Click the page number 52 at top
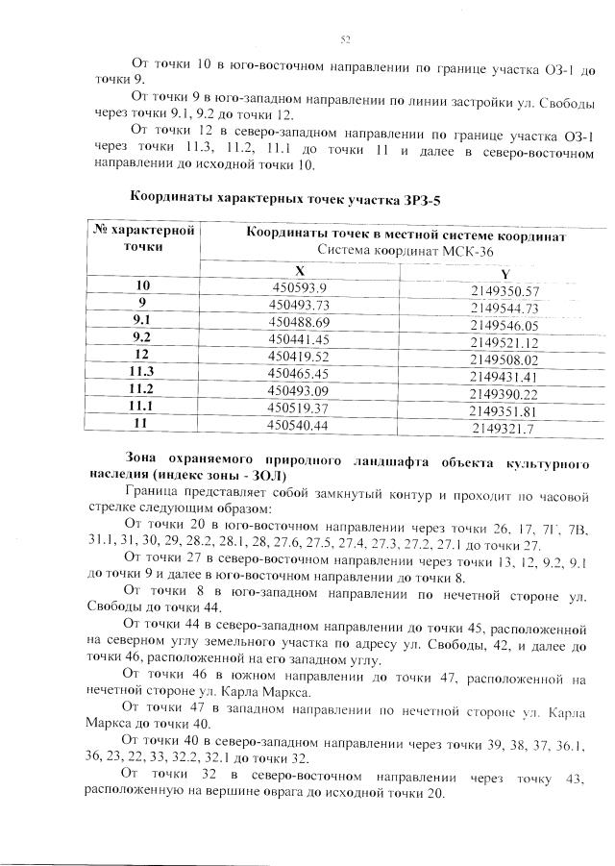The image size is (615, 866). click(346, 39)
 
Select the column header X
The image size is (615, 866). click(300, 271)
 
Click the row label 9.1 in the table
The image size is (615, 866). click(142, 321)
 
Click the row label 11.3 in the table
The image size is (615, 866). click(142, 372)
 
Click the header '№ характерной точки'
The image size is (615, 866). click(143, 237)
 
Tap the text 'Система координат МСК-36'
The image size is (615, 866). click(404, 251)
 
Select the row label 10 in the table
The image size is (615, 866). click(142, 286)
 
